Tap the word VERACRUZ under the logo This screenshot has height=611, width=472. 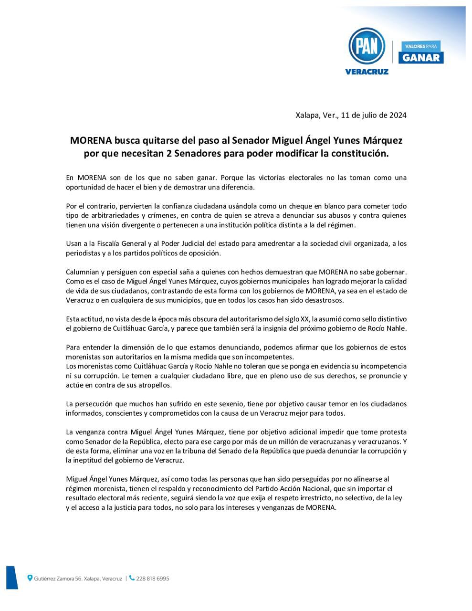[x=367, y=72]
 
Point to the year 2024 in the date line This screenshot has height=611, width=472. [x=398, y=115]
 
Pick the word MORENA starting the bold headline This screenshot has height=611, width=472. [x=91, y=141]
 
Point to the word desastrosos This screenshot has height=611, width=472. [x=321, y=300]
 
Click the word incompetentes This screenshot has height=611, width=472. [x=270, y=357]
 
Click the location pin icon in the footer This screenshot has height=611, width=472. [x=30, y=578]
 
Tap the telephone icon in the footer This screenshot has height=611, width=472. [x=132, y=578]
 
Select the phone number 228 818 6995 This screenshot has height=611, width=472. [x=153, y=579]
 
